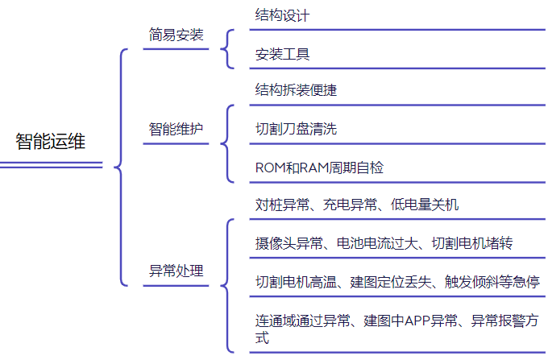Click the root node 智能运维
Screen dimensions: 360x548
(x=50, y=142)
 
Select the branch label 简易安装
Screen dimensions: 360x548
(x=176, y=35)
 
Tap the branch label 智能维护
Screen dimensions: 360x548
(x=176, y=130)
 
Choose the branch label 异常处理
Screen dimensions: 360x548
(x=176, y=271)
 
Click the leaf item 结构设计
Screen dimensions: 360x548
(x=282, y=15)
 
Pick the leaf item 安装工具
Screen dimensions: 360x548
(x=282, y=55)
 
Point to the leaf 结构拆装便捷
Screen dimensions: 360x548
(x=296, y=90)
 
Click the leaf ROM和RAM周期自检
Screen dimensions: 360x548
(x=319, y=168)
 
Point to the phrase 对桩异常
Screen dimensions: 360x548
(x=282, y=205)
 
